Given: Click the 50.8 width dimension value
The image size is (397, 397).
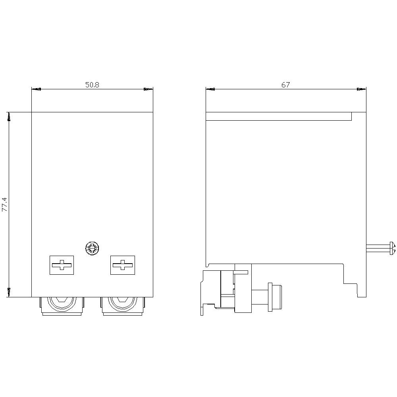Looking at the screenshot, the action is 92,85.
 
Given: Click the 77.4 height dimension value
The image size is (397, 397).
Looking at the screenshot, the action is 5,204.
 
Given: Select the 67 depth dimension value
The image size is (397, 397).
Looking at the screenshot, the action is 285,85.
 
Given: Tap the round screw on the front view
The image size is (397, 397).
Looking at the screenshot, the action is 92,249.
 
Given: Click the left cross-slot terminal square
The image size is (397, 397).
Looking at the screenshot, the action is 62,265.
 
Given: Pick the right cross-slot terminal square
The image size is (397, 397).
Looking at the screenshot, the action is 123,265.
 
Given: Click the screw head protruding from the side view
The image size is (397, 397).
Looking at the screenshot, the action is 393,248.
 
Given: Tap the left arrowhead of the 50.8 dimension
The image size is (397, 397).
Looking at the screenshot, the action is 36,89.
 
